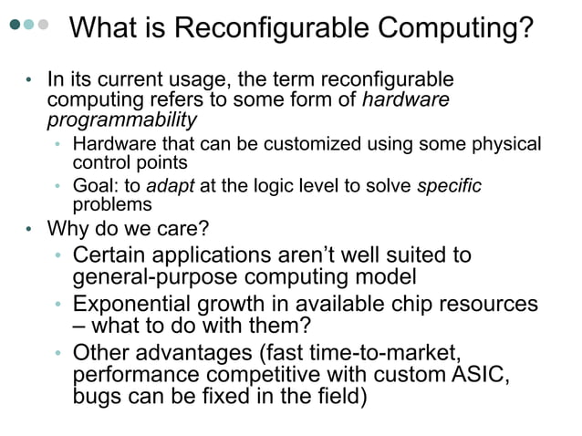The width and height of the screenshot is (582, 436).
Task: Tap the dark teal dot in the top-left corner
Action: (x=14, y=25)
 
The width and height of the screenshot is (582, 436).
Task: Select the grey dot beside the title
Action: (x=43, y=25)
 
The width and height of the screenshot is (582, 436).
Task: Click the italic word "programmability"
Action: (x=121, y=119)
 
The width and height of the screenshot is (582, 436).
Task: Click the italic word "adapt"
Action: (x=165, y=186)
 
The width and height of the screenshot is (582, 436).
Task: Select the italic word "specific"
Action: (x=449, y=186)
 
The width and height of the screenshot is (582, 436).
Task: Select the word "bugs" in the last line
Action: (x=96, y=398)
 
